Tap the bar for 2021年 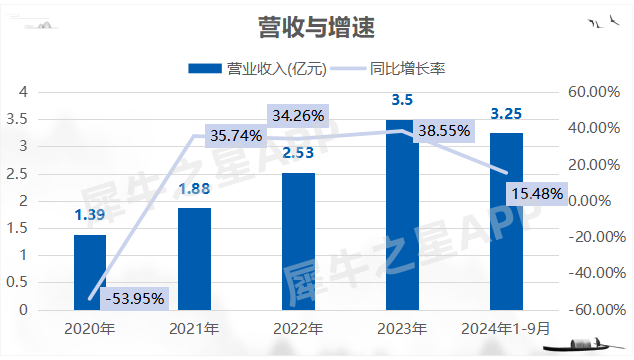click(194, 258)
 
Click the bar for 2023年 click(402, 214)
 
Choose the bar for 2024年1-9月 click(506, 221)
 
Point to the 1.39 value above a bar click(90, 215)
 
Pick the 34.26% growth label click(297, 116)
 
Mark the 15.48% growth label click(536, 192)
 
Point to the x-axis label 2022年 click(298, 329)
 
